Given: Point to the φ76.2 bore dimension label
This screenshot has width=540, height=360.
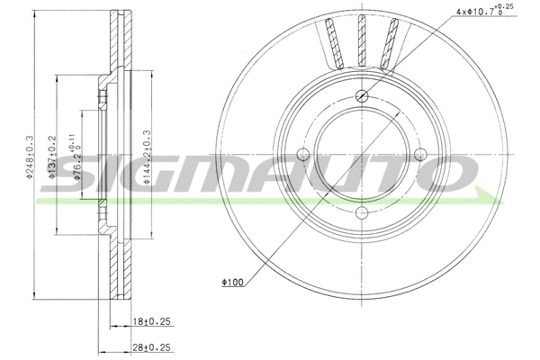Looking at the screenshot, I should pos(77,167).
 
